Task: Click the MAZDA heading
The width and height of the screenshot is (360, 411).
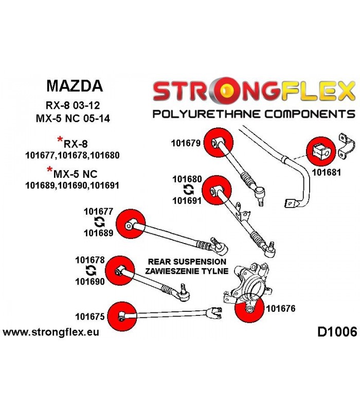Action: tap(75, 86)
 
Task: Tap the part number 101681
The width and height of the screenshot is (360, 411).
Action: tap(326, 173)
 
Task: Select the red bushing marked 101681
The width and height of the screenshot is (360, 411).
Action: tap(321, 151)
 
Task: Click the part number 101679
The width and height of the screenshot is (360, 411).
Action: tap(186, 143)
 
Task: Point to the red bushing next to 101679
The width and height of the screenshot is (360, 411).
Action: tap(218, 143)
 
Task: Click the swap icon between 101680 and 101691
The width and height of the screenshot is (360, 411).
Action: tap(188, 190)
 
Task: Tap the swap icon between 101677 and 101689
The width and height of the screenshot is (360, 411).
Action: tap(99, 222)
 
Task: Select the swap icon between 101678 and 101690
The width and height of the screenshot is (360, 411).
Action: tap(91, 271)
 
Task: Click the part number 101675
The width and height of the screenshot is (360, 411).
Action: tap(89, 316)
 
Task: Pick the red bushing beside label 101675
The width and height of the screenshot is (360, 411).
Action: tap(122, 316)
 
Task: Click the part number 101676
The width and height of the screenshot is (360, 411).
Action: tap(280, 309)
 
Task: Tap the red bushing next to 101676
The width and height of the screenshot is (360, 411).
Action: tap(249, 308)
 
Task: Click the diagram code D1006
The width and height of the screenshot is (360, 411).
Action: tap(337, 332)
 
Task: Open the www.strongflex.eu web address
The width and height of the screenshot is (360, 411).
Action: tap(51, 332)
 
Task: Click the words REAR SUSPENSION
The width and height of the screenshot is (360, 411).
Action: tap(187, 261)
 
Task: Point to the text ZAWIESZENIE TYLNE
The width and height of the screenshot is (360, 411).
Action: tap(187, 271)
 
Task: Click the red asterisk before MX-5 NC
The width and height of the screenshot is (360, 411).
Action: tap(49, 170)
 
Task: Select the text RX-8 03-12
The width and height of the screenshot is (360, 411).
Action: tap(73, 105)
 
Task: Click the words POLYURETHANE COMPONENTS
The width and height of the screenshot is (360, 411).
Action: tap(254, 114)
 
